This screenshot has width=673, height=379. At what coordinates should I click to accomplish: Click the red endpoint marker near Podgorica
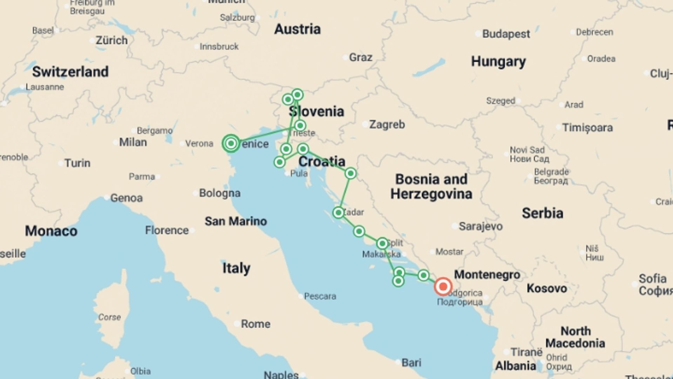(443, 286)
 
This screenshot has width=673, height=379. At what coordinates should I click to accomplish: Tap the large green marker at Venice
(231, 143)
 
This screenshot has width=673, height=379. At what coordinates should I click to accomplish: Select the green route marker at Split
(382, 243)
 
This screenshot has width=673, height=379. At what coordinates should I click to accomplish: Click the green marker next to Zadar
(338, 213)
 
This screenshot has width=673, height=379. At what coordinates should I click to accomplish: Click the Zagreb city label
(387, 125)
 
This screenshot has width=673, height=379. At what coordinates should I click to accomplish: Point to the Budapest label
(506, 34)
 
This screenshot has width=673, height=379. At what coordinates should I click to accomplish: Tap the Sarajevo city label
(480, 226)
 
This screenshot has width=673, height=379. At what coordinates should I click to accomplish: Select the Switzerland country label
(70, 72)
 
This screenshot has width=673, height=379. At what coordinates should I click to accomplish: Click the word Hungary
(498, 61)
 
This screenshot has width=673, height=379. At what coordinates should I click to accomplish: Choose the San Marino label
(236, 221)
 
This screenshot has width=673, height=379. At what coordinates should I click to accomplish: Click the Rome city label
(256, 324)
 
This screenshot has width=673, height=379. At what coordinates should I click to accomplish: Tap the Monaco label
(51, 231)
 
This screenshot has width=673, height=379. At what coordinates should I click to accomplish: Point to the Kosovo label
(546, 288)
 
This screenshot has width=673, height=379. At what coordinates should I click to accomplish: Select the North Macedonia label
(575, 337)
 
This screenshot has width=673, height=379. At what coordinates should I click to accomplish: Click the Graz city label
(360, 57)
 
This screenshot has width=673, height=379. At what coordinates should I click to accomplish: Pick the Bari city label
(411, 363)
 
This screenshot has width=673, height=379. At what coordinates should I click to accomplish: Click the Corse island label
(109, 317)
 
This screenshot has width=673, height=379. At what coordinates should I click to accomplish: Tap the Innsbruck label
(219, 47)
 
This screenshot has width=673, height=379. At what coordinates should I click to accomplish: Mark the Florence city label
(167, 230)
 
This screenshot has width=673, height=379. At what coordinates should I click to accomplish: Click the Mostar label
(449, 252)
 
